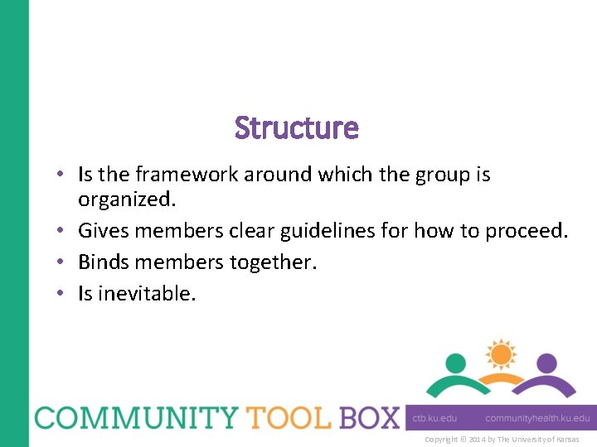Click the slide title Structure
(297, 128)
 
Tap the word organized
(126, 199)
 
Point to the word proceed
(527, 231)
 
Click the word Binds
(103, 262)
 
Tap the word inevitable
(147, 293)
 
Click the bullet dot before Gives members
(62, 232)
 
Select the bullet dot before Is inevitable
(62, 294)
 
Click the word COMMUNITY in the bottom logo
(133, 417)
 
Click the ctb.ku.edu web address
(435, 419)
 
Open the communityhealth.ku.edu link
(537, 419)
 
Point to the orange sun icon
(501, 354)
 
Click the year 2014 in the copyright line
(476, 439)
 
